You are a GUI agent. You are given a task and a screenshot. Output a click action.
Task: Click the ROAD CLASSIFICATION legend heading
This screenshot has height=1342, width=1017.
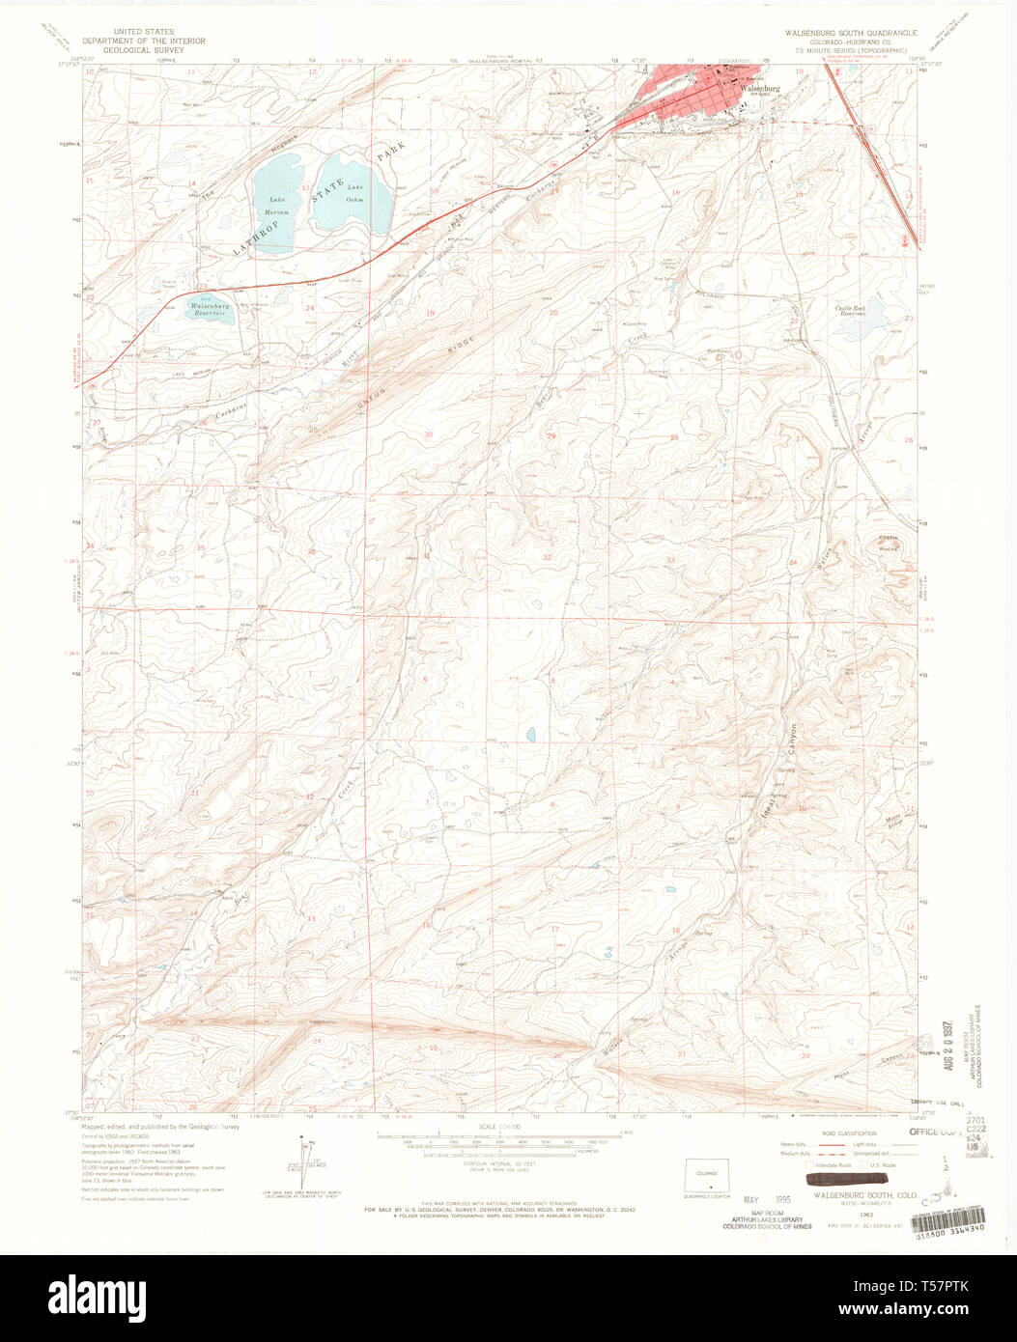848,1133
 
